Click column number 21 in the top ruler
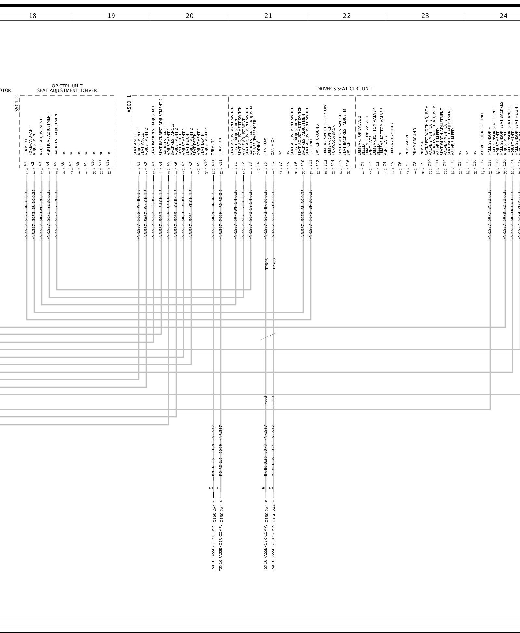pyautogui.click(x=268, y=16)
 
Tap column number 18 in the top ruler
pyautogui.click(x=33, y=16)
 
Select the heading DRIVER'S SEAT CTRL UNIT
pyautogui.click(x=344, y=89)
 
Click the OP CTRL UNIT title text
pyautogui.click(x=67, y=86)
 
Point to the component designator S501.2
pyautogui.click(x=17, y=103)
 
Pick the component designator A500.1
pyautogui.click(x=129, y=104)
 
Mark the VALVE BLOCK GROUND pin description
pyautogui.click(x=482, y=134)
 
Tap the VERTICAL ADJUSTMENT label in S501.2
pyautogui.click(x=49, y=134)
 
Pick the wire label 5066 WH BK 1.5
pyautogui.click(x=139, y=214)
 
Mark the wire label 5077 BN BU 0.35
pyautogui.click(x=490, y=214)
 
